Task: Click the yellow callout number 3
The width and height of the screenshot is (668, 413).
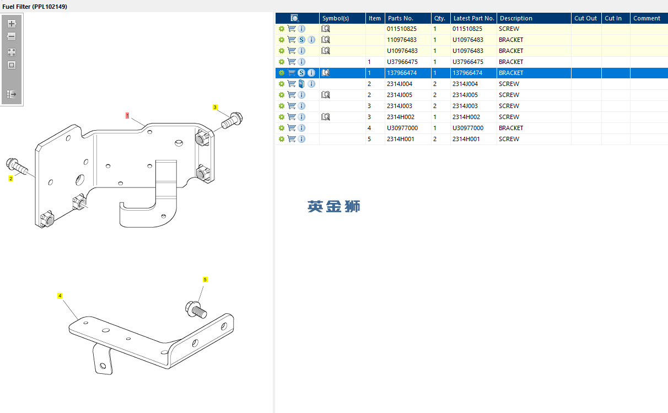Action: coord(216,108)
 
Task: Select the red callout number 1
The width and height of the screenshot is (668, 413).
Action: coord(127,116)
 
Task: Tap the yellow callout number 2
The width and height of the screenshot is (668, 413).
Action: coord(10,178)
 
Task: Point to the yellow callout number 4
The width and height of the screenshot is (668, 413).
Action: coord(60,296)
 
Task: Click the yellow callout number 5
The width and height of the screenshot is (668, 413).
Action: coord(205,280)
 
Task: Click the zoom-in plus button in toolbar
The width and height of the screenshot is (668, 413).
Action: coord(12,24)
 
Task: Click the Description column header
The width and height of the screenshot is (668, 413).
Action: coord(516,18)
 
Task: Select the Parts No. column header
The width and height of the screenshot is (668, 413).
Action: coord(400,18)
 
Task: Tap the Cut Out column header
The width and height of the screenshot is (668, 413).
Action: coord(585,18)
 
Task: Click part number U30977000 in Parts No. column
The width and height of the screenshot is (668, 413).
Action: coord(402,128)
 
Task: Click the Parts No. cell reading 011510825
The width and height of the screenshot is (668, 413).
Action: coord(402,29)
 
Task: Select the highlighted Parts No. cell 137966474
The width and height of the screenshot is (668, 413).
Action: coord(402,73)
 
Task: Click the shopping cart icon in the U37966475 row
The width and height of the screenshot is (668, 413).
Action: coord(292,62)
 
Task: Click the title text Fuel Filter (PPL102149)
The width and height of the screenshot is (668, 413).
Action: coord(35,6)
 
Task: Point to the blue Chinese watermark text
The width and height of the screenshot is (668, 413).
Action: coord(334,207)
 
